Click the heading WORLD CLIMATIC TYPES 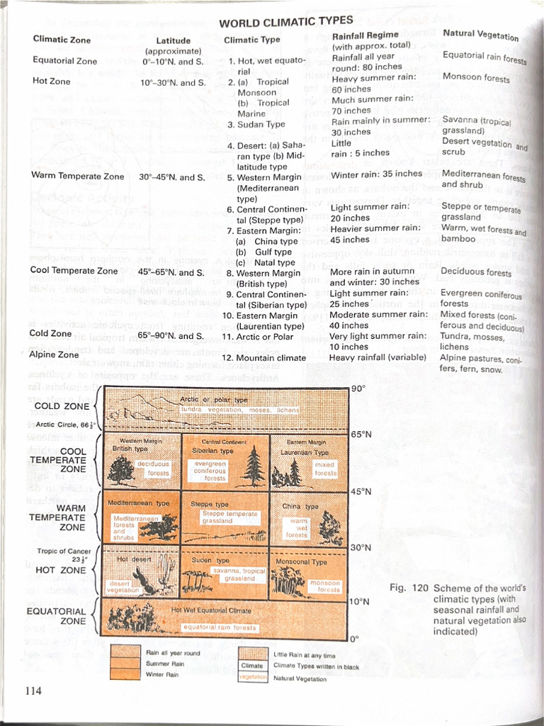[x=285, y=22]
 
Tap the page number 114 [x=33, y=691]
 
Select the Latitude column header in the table [x=173, y=41]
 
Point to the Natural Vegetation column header [x=480, y=35]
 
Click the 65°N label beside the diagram [x=362, y=435]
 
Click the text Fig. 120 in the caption [x=409, y=588]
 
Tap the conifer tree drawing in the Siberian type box [x=253, y=466]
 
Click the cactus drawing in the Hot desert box [x=165, y=571]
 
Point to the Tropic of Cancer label [x=64, y=551]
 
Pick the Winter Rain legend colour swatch [x=125, y=674]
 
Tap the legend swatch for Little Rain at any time [x=252, y=653]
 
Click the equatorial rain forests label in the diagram [x=220, y=627]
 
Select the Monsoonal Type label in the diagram [x=300, y=562]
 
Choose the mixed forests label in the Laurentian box [x=325, y=469]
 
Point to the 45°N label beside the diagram [x=362, y=491]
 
